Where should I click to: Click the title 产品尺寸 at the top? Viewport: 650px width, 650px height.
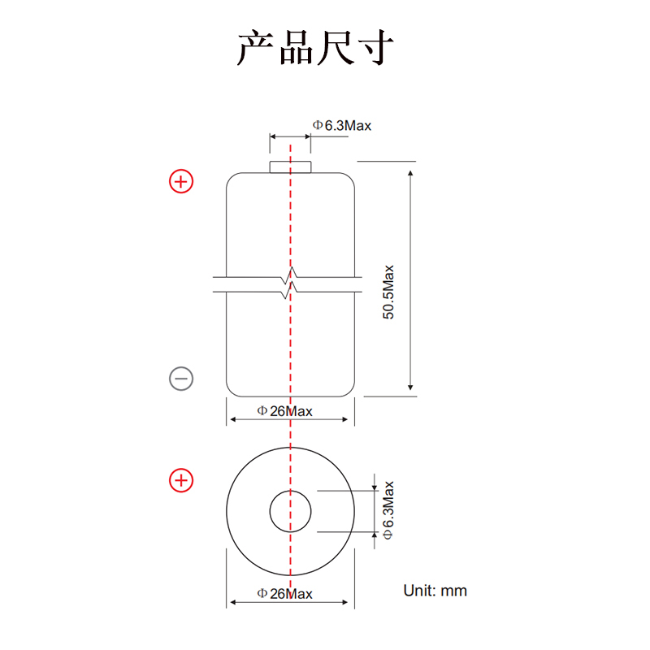pyautogui.click(x=315, y=47)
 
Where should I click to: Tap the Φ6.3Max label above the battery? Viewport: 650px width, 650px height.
pyautogui.click(x=342, y=125)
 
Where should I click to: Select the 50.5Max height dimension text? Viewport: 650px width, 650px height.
pyautogui.click(x=388, y=292)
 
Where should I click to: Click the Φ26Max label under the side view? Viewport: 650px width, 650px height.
pyautogui.click(x=285, y=411)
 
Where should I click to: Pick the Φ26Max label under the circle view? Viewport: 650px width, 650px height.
pyautogui.click(x=285, y=594)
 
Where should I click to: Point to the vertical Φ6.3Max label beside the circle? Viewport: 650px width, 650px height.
pyautogui.click(x=388, y=510)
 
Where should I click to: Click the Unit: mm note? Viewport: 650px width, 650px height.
pyautogui.click(x=435, y=591)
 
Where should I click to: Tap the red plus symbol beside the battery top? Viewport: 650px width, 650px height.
pyautogui.click(x=181, y=181)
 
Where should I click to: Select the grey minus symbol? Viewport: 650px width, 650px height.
pyautogui.click(x=181, y=379)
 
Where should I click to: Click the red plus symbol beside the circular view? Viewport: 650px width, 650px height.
pyautogui.click(x=181, y=480)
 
